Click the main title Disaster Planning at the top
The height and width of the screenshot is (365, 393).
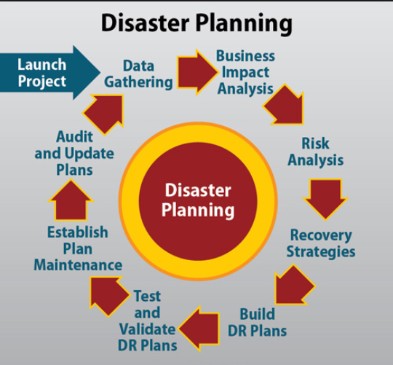click(x=196, y=23)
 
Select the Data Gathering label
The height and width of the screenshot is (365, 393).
click(x=138, y=74)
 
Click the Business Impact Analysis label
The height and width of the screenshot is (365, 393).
click(x=246, y=72)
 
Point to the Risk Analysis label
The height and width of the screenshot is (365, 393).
click(x=316, y=152)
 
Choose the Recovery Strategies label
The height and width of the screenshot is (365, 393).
click(x=321, y=243)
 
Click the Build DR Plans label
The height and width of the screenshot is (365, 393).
click(x=258, y=322)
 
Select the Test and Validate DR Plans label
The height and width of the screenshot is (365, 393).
click(x=148, y=321)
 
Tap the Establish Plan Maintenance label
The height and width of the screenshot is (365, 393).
click(x=78, y=248)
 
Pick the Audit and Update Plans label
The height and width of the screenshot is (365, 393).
click(x=74, y=153)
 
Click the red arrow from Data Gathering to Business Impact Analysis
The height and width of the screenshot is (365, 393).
click(x=197, y=72)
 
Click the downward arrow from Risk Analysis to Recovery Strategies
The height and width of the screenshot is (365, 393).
click(x=325, y=198)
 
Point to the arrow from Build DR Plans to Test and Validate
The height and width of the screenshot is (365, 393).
click(x=199, y=329)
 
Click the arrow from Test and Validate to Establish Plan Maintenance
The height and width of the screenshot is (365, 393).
click(x=108, y=295)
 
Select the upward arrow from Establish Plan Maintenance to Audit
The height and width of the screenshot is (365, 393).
click(x=71, y=200)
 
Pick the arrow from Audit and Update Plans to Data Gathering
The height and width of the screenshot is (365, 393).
click(x=105, y=114)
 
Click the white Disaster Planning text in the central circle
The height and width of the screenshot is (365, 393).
click(x=198, y=200)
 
